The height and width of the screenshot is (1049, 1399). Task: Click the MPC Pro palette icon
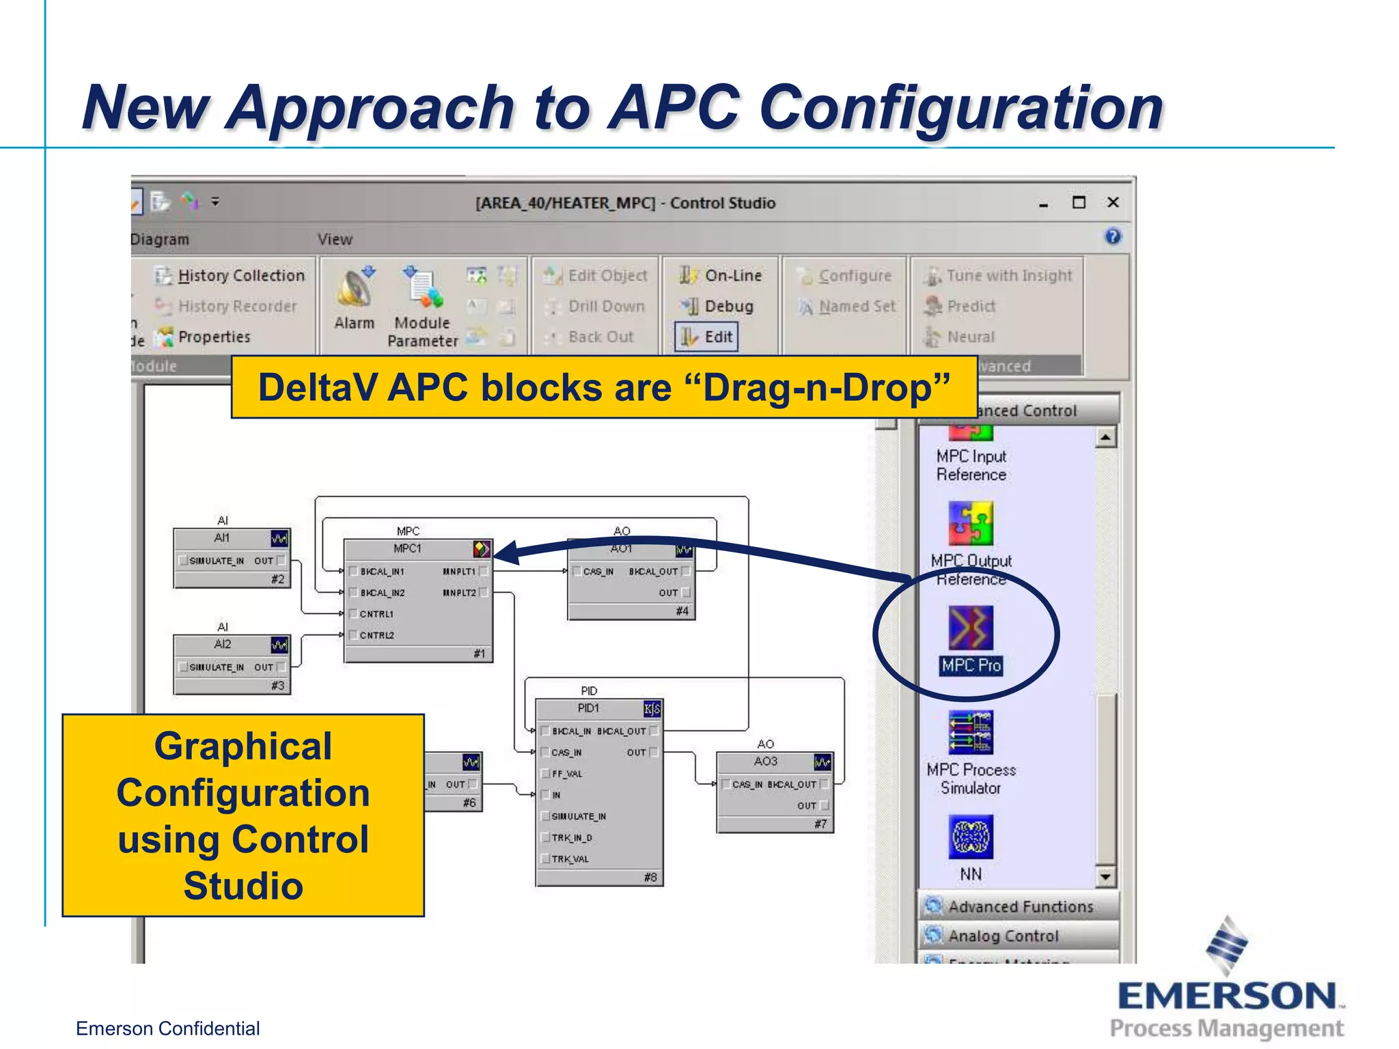coord(970,627)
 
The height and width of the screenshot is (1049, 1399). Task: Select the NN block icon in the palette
coord(971,837)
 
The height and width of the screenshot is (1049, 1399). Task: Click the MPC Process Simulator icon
coord(971,732)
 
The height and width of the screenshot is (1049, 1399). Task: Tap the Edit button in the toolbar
coord(707,337)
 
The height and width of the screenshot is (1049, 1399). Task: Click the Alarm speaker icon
coord(355,289)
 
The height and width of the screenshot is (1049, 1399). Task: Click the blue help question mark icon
coord(1113,236)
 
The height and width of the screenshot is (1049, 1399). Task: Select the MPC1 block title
coord(407,548)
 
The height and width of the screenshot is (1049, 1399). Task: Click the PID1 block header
coord(588,708)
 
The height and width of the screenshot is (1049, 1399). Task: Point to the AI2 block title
coord(223,644)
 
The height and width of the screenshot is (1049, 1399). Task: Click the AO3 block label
coord(765,761)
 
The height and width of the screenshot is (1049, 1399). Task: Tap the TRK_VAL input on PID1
coord(570,859)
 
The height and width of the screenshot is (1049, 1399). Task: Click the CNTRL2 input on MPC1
coord(376,635)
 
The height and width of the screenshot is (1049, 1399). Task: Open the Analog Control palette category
coord(1003,936)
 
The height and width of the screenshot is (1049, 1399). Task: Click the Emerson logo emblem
coord(1227,945)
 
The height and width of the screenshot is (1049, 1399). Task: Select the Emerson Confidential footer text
coord(167,1029)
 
